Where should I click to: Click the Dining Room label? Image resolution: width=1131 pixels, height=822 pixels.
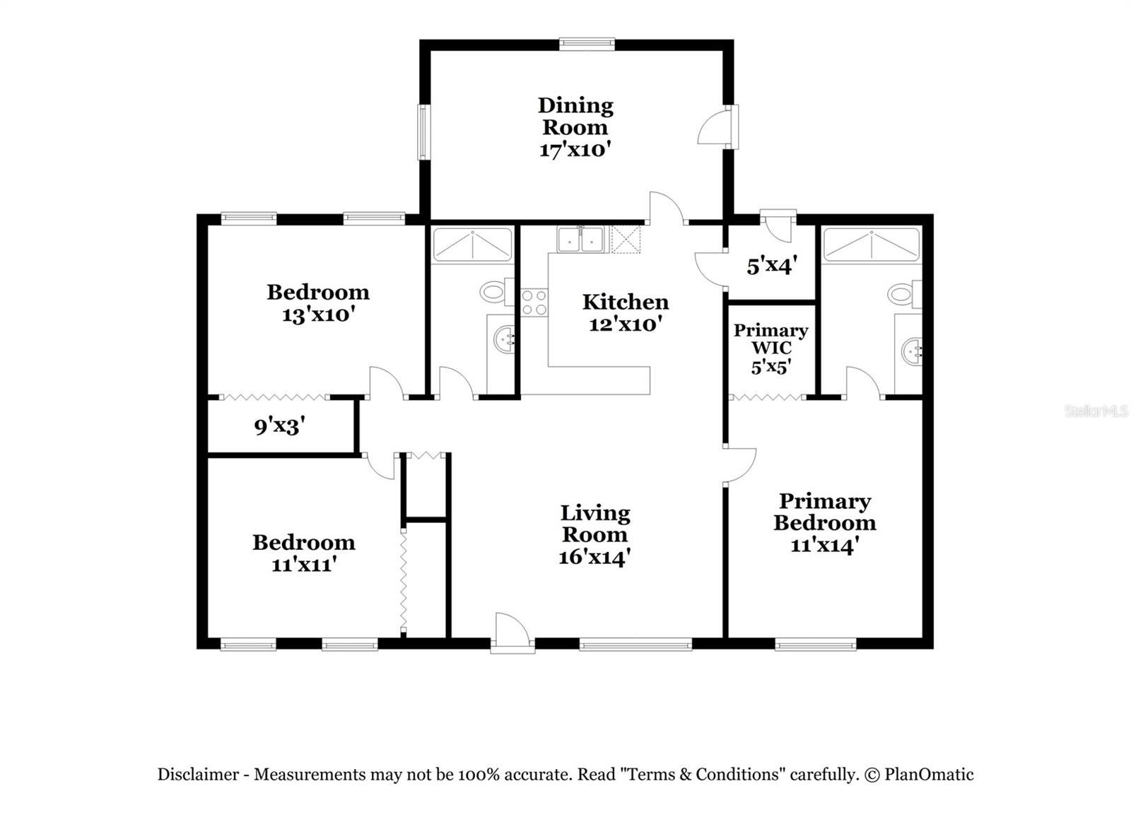pyautogui.click(x=575, y=117)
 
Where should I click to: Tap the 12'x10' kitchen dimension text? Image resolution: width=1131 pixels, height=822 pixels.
pyautogui.click(x=625, y=324)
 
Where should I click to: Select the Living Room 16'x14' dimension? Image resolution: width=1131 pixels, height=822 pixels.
pyautogui.click(x=594, y=558)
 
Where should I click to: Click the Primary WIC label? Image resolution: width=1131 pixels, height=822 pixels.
pyautogui.click(x=770, y=339)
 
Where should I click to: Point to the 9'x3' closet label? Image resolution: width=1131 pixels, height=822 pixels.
pyautogui.click(x=279, y=426)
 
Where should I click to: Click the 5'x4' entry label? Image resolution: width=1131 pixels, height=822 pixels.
pyautogui.click(x=771, y=266)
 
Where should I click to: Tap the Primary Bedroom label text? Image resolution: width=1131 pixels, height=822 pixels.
pyautogui.click(x=824, y=512)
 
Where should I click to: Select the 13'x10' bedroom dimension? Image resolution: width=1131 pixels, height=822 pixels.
pyautogui.click(x=317, y=315)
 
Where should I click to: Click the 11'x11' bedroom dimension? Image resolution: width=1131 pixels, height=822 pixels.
pyautogui.click(x=303, y=565)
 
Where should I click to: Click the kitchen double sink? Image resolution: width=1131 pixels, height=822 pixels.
pyautogui.click(x=580, y=240)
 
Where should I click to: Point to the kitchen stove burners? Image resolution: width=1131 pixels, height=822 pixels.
pyautogui.click(x=534, y=303)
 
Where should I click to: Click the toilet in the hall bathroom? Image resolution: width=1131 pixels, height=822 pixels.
pyautogui.click(x=494, y=290)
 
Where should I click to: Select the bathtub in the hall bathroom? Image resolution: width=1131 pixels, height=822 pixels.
pyautogui.click(x=472, y=244)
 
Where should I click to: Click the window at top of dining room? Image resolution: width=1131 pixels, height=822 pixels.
pyautogui.click(x=587, y=44)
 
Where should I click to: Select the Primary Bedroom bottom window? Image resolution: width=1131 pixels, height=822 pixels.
pyautogui.click(x=816, y=644)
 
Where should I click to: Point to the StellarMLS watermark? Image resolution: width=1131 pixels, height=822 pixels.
pyautogui.click(x=1096, y=411)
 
